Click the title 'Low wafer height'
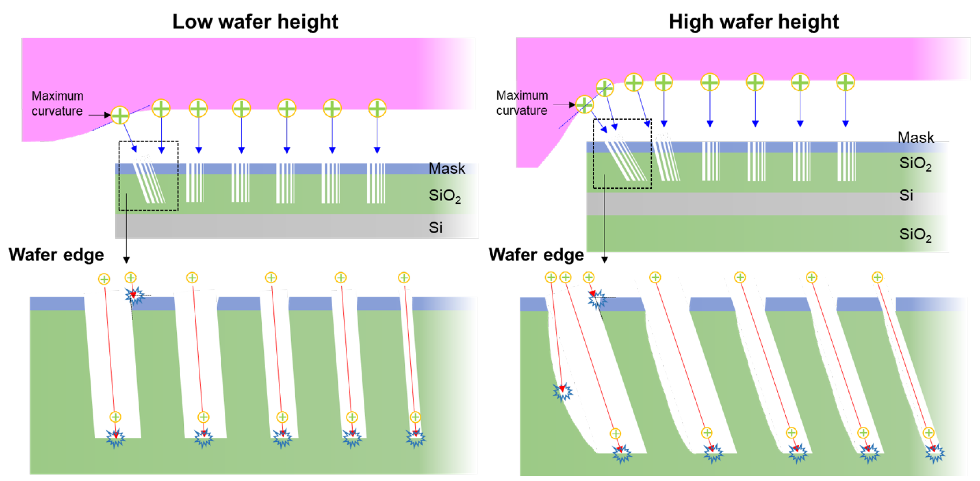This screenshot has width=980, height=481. tap(255, 21)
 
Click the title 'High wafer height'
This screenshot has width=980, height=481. tap(753, 21)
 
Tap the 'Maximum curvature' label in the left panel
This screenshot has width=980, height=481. tap(57, 103)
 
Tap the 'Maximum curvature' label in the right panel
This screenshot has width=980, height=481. tap(522, 103)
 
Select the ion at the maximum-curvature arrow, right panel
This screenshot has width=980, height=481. tap(584, 105)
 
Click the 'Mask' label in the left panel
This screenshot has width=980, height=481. tap(447, 169)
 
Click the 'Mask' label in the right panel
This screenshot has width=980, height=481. tap(915, 138)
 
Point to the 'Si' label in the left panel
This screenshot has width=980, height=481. tap(435, 228)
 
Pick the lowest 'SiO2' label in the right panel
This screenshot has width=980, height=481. tap(915, 235)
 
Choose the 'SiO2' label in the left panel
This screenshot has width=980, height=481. tap(444, 196)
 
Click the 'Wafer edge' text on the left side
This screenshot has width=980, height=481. tap(56, 254)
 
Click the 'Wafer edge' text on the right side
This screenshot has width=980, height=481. tap(536, 254)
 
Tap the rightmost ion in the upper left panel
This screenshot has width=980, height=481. tap(377, 108)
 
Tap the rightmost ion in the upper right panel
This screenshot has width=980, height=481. tap(845, 82)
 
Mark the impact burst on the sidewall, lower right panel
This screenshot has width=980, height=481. tap(562, 392)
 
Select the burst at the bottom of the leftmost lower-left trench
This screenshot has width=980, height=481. tap(116, 438)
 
